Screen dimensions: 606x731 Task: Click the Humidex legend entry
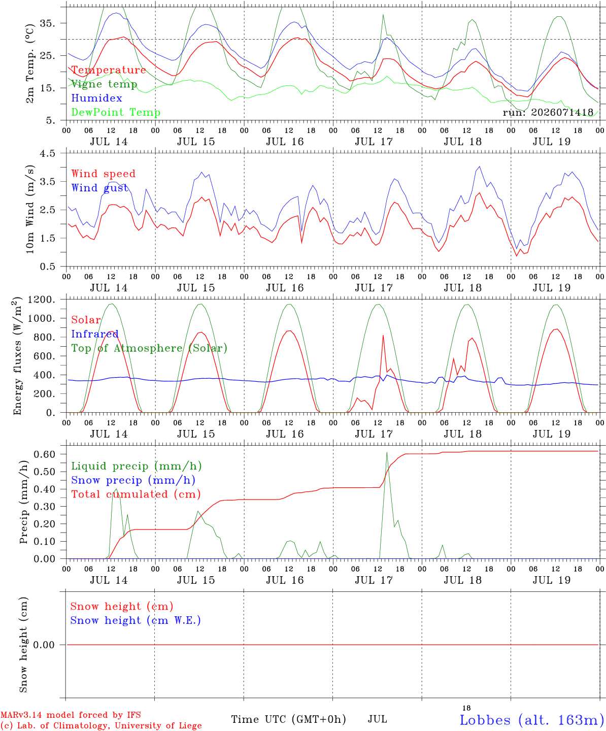[96, 98]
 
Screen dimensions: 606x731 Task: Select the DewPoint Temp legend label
[116, 112]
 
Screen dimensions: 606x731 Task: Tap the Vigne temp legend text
[104, 84]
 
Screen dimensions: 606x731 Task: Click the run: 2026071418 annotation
[548, 112]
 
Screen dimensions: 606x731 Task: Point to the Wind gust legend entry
[100, 188]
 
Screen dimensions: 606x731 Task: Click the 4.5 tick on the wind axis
[47, 153]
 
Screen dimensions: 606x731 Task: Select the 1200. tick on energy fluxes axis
[42, 300]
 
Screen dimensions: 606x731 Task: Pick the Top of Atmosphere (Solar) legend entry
[150, 348]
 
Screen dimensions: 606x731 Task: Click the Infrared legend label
[95, 334]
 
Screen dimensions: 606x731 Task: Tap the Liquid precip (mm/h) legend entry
[137, 466]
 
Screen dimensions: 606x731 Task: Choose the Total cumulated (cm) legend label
[136, 494]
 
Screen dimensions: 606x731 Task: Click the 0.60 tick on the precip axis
[45, 454]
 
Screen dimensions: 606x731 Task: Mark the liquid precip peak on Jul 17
[387, 453]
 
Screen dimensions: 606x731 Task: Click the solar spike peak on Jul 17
[383, 336]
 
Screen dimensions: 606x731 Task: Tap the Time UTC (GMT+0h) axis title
[288, 719]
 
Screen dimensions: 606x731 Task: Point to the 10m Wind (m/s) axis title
[30, 209]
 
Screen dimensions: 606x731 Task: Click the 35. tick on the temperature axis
[47, 23]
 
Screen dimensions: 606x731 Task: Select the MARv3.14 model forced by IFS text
[71, 715]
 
